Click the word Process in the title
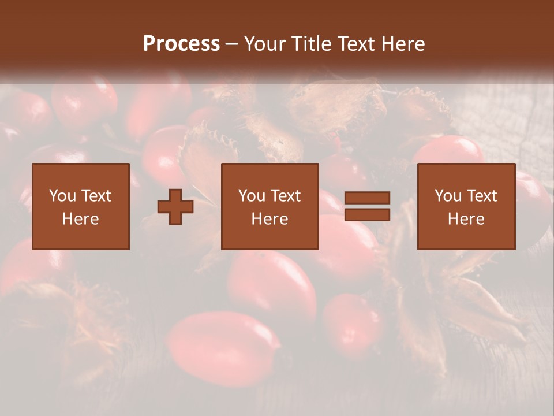[181, 44]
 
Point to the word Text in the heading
[355, 44]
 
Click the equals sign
[367, 206]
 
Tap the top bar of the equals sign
[367, 198]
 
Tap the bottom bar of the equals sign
[367, 214]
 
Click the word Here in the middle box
[270, 219]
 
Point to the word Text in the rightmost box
[482, 196]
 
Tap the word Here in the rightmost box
[466, 219]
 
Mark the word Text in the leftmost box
[96, 196]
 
